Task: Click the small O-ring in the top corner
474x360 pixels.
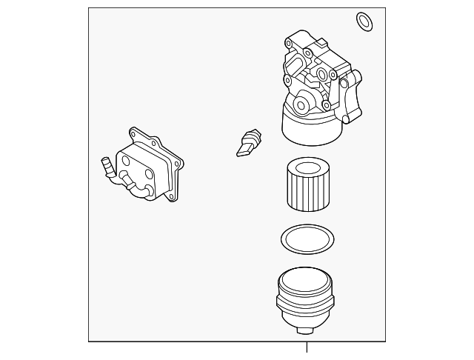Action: pos(364,22)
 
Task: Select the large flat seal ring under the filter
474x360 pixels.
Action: pos(307,239)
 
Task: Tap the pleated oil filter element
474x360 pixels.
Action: pos(307,189)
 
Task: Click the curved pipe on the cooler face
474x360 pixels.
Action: pos(136,185)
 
